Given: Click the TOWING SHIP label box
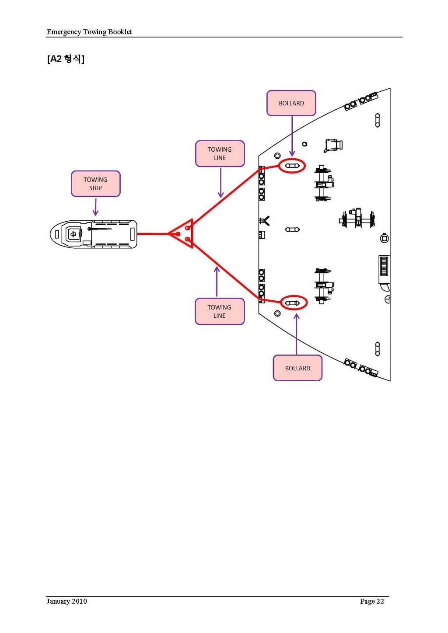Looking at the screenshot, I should (95, 184).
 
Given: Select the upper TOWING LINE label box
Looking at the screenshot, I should (220, 153).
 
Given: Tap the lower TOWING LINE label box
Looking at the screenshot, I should (219, 311).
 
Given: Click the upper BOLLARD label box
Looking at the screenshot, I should (291, 103).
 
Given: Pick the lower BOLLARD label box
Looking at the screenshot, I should (297, 368).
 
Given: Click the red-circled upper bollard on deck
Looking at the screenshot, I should (292, 166).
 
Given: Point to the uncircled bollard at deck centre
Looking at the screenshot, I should (292, 230).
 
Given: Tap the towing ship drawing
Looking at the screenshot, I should (93, 234).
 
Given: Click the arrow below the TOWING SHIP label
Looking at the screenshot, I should (95, 206).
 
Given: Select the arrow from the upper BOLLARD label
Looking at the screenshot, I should (292, 136).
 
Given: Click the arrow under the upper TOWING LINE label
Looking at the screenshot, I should (220, 182).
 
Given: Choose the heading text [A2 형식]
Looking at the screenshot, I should (66, 59).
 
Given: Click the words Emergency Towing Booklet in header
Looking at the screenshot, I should (89, 31).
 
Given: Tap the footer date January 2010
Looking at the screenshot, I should (67, 601).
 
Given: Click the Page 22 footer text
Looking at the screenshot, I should (372, 601).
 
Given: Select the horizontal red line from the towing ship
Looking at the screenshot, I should (153, 234).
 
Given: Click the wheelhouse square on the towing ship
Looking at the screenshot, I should (73, 234).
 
